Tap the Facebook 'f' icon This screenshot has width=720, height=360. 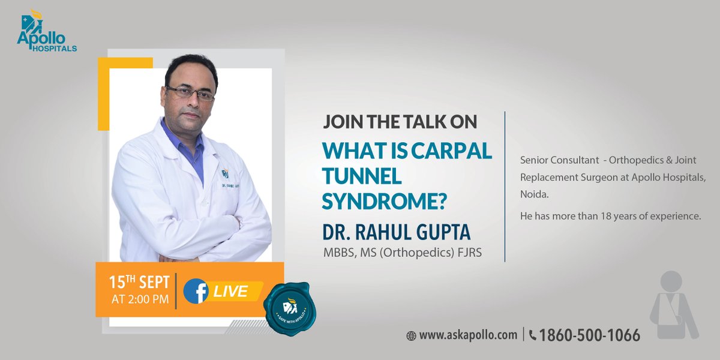[196, 292]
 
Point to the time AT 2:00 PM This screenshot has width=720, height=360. [139, 299]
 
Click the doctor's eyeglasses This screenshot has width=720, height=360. [190, 94]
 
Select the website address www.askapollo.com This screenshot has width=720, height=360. [468, 335]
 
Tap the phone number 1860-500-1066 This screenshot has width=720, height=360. [590, 335]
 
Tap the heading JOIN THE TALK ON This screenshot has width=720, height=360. [400, 122]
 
